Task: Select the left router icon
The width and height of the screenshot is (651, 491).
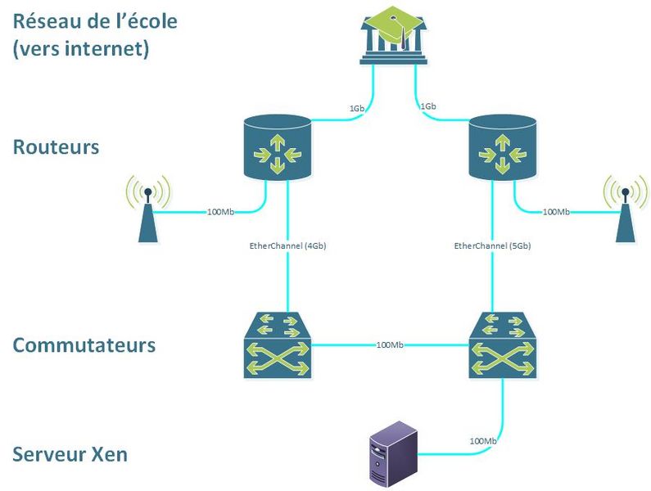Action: pos(278,148)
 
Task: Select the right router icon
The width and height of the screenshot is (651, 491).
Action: pos(502,148)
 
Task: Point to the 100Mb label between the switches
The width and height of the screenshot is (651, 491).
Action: pos(390,345)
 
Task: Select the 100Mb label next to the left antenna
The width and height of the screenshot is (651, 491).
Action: pos(221,213)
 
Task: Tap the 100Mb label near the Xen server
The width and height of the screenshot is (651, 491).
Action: pos(483,441)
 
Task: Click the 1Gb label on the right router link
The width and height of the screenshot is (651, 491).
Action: pos(427,107)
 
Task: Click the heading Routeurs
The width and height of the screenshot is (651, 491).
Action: pos(56,147)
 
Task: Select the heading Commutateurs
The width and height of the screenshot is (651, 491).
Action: pos(84,345)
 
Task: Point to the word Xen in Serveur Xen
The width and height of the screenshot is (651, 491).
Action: pos(110,453)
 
